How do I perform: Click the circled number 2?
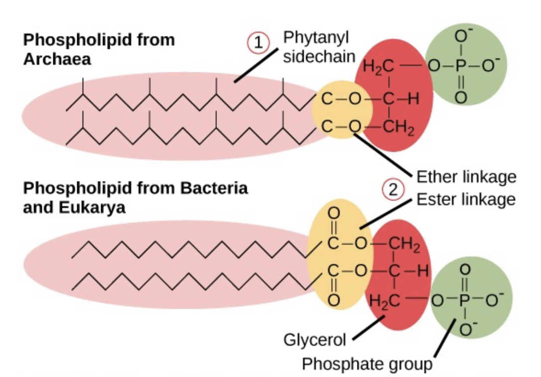(392, 189)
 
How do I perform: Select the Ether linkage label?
(466, 177)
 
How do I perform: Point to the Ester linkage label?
(466, 199)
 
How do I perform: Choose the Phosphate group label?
(367, 364)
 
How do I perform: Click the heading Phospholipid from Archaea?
(99, 49)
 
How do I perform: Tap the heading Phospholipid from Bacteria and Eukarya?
(135, 197)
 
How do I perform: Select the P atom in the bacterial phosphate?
(464, 300)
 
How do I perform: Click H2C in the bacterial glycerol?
(384, 300)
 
